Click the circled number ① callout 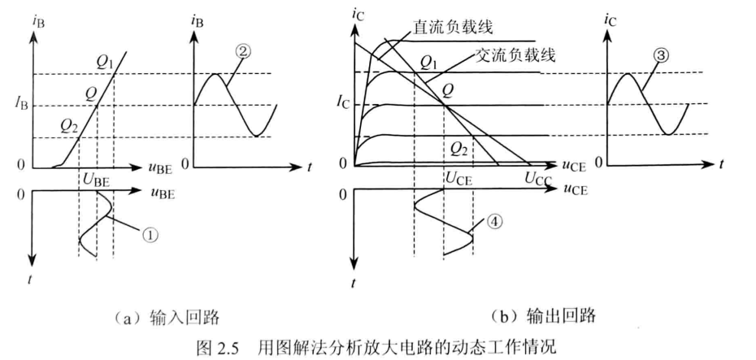pos(150,234)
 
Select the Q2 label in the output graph pos(458,148)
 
